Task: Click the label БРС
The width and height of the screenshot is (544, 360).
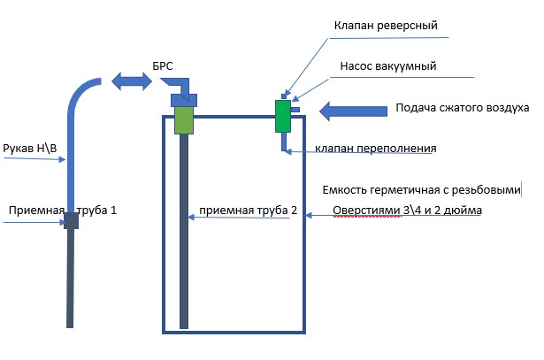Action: [164, 67]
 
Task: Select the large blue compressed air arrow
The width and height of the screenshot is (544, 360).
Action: [353, 111]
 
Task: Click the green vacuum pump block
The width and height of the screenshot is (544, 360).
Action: [283, 116]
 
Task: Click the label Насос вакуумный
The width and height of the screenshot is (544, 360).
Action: [388, 65]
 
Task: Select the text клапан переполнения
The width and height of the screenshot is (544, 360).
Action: [374, 148]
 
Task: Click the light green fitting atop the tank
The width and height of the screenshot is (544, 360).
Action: [183, 120]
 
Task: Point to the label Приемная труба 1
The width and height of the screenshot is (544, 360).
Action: [62, 211]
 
